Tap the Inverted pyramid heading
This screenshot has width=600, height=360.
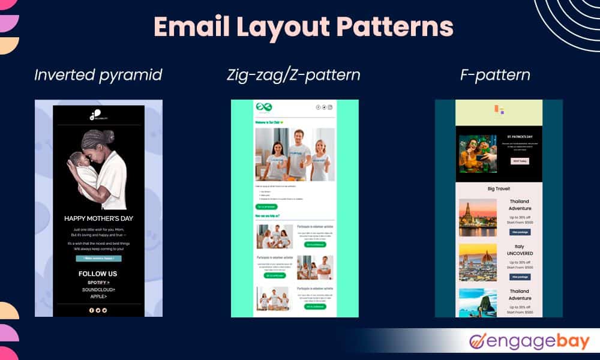point(98,76)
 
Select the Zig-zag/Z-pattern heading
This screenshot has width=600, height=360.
point(293,76)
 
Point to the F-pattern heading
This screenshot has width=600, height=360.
point(499,76)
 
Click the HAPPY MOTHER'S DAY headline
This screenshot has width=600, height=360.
point(99,219)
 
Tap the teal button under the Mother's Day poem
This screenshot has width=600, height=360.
point(98,259)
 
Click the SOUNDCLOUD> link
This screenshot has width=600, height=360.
point(98,289)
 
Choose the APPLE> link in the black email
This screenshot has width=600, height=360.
point(98,296)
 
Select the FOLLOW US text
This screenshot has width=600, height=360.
point(98,274)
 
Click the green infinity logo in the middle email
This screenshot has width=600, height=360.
point(265,107)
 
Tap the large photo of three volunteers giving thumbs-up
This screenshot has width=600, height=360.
point(295,154)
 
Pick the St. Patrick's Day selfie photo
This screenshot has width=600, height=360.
point(478,153)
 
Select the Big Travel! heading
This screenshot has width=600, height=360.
point(499,188)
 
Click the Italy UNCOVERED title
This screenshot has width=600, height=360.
point(520,250)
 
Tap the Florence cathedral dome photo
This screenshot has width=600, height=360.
point(478,262)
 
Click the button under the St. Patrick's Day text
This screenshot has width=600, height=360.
point(520,161)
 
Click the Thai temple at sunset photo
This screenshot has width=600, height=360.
point(478,217)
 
